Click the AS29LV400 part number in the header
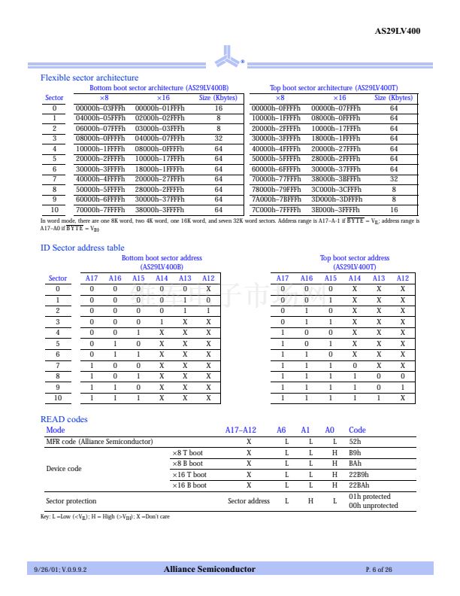coord(398,31)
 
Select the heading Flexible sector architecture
coord(89,78)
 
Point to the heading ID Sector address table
coord(83,248)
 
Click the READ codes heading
coord(64,419)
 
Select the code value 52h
coord(356,441)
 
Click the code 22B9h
coord(359,475)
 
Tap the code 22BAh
coord(359,485)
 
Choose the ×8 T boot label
coord(187,453)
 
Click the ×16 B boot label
coord(189,485)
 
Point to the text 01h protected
coord(370,497)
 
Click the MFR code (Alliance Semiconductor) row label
coord(99,441)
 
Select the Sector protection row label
coord(71,501)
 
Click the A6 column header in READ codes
coord(281,430)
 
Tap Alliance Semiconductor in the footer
coord(209,570)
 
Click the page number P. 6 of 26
coord(379,570)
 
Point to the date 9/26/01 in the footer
coord(45,570)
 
